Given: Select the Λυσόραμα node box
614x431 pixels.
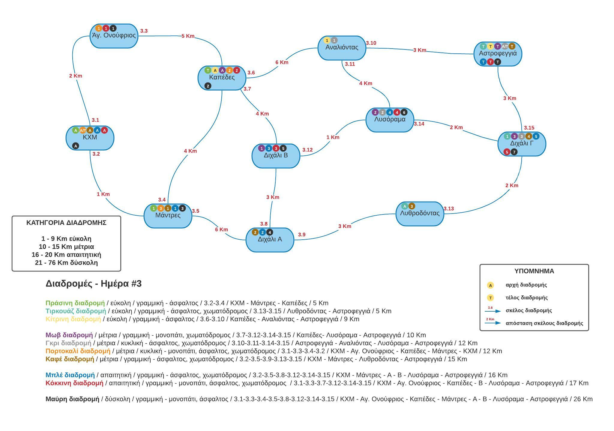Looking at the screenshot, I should coord(390,120).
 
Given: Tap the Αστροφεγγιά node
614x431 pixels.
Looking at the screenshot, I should coord(498,54).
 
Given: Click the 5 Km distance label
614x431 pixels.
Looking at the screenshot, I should coord(188,36).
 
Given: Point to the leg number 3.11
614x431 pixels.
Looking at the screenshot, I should coord(350,64).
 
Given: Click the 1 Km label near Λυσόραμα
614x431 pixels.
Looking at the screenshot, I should coord(333,137).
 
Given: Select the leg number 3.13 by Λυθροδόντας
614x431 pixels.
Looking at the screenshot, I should coord(449,208).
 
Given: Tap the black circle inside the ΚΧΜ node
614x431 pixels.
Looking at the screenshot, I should coord(76,146).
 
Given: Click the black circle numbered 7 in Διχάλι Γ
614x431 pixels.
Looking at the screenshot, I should coord(514,152).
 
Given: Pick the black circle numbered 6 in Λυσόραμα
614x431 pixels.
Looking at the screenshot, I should coord(404,112).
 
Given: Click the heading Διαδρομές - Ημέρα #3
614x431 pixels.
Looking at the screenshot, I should coord(94,283).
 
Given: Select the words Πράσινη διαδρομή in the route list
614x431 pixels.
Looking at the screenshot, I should coord(75,303).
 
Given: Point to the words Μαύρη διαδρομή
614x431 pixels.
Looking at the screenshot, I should coord(72,399).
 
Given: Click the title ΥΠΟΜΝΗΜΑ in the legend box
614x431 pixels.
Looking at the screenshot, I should coord(534,271).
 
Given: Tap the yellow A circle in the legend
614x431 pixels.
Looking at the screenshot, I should coord(490,285).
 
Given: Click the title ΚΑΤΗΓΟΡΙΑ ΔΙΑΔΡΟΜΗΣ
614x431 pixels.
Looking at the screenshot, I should coord(66,223).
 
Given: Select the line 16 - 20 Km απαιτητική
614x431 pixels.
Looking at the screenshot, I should coord(66,255).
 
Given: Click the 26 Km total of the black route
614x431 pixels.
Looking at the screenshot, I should coord(583,399).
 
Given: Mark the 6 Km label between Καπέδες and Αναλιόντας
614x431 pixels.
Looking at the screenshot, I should coord(282,62).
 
